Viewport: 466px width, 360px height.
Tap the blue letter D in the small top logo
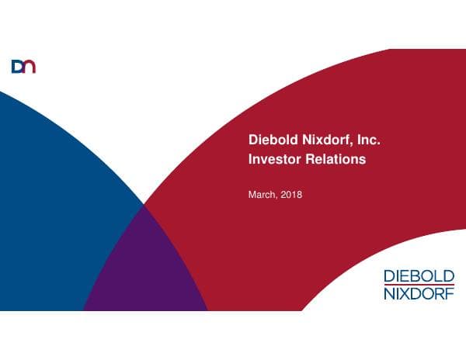[18, 67]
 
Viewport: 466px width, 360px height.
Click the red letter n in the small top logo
[30, 67]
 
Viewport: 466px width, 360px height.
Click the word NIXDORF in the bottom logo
[419, 294]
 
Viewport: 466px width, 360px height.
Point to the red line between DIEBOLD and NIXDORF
[419, 286]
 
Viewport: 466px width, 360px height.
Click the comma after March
[276, 196]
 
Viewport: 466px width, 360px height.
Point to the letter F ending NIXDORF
[451, 294]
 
